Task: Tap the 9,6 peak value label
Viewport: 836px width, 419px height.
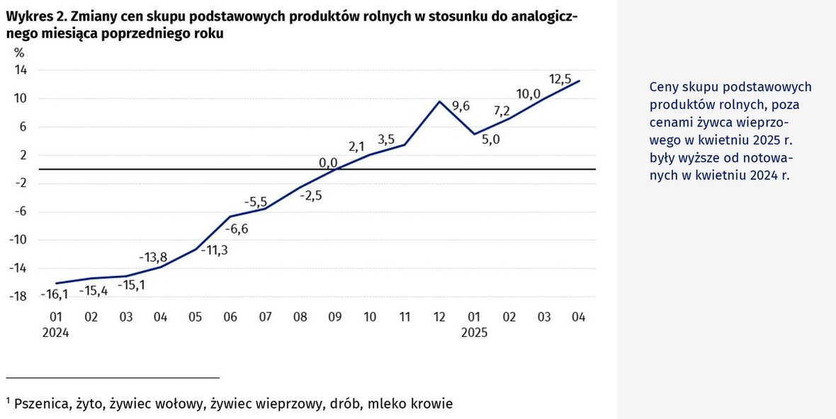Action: pos(461,106)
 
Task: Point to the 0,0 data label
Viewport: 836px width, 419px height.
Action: pos(328,163)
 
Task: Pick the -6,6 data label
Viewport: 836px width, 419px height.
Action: pos(237,229)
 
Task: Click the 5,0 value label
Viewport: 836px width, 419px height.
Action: pos(490,139)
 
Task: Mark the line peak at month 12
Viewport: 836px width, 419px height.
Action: pos(439,101)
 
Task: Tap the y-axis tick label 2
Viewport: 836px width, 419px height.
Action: pos(23,155)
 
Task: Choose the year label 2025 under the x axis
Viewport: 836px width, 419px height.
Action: pos(474,332)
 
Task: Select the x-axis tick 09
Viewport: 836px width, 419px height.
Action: pos(334,317)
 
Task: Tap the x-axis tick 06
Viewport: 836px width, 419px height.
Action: pos(230,317)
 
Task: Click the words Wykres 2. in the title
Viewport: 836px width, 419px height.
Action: pos(35,18)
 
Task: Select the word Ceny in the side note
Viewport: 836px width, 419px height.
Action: pos(663,86)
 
